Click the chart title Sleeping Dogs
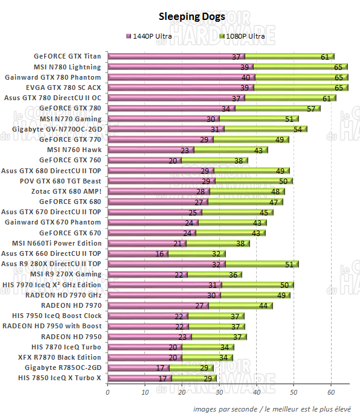(192, 16)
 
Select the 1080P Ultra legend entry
(243, 36)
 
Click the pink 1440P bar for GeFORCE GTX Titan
(169, 57)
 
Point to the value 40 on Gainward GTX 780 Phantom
(245, 77)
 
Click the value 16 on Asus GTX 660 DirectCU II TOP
(159, 253)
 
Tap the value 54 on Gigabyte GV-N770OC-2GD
(297, 129)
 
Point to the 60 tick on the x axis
(331, 392)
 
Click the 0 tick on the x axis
(108, 392)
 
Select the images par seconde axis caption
(271, 409)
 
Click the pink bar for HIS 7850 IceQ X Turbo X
(139, 378)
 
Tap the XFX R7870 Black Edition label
(63, 357)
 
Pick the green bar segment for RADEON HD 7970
(239, 305)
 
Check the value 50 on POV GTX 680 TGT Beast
(282, 181)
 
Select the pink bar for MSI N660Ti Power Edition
(145, 243)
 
